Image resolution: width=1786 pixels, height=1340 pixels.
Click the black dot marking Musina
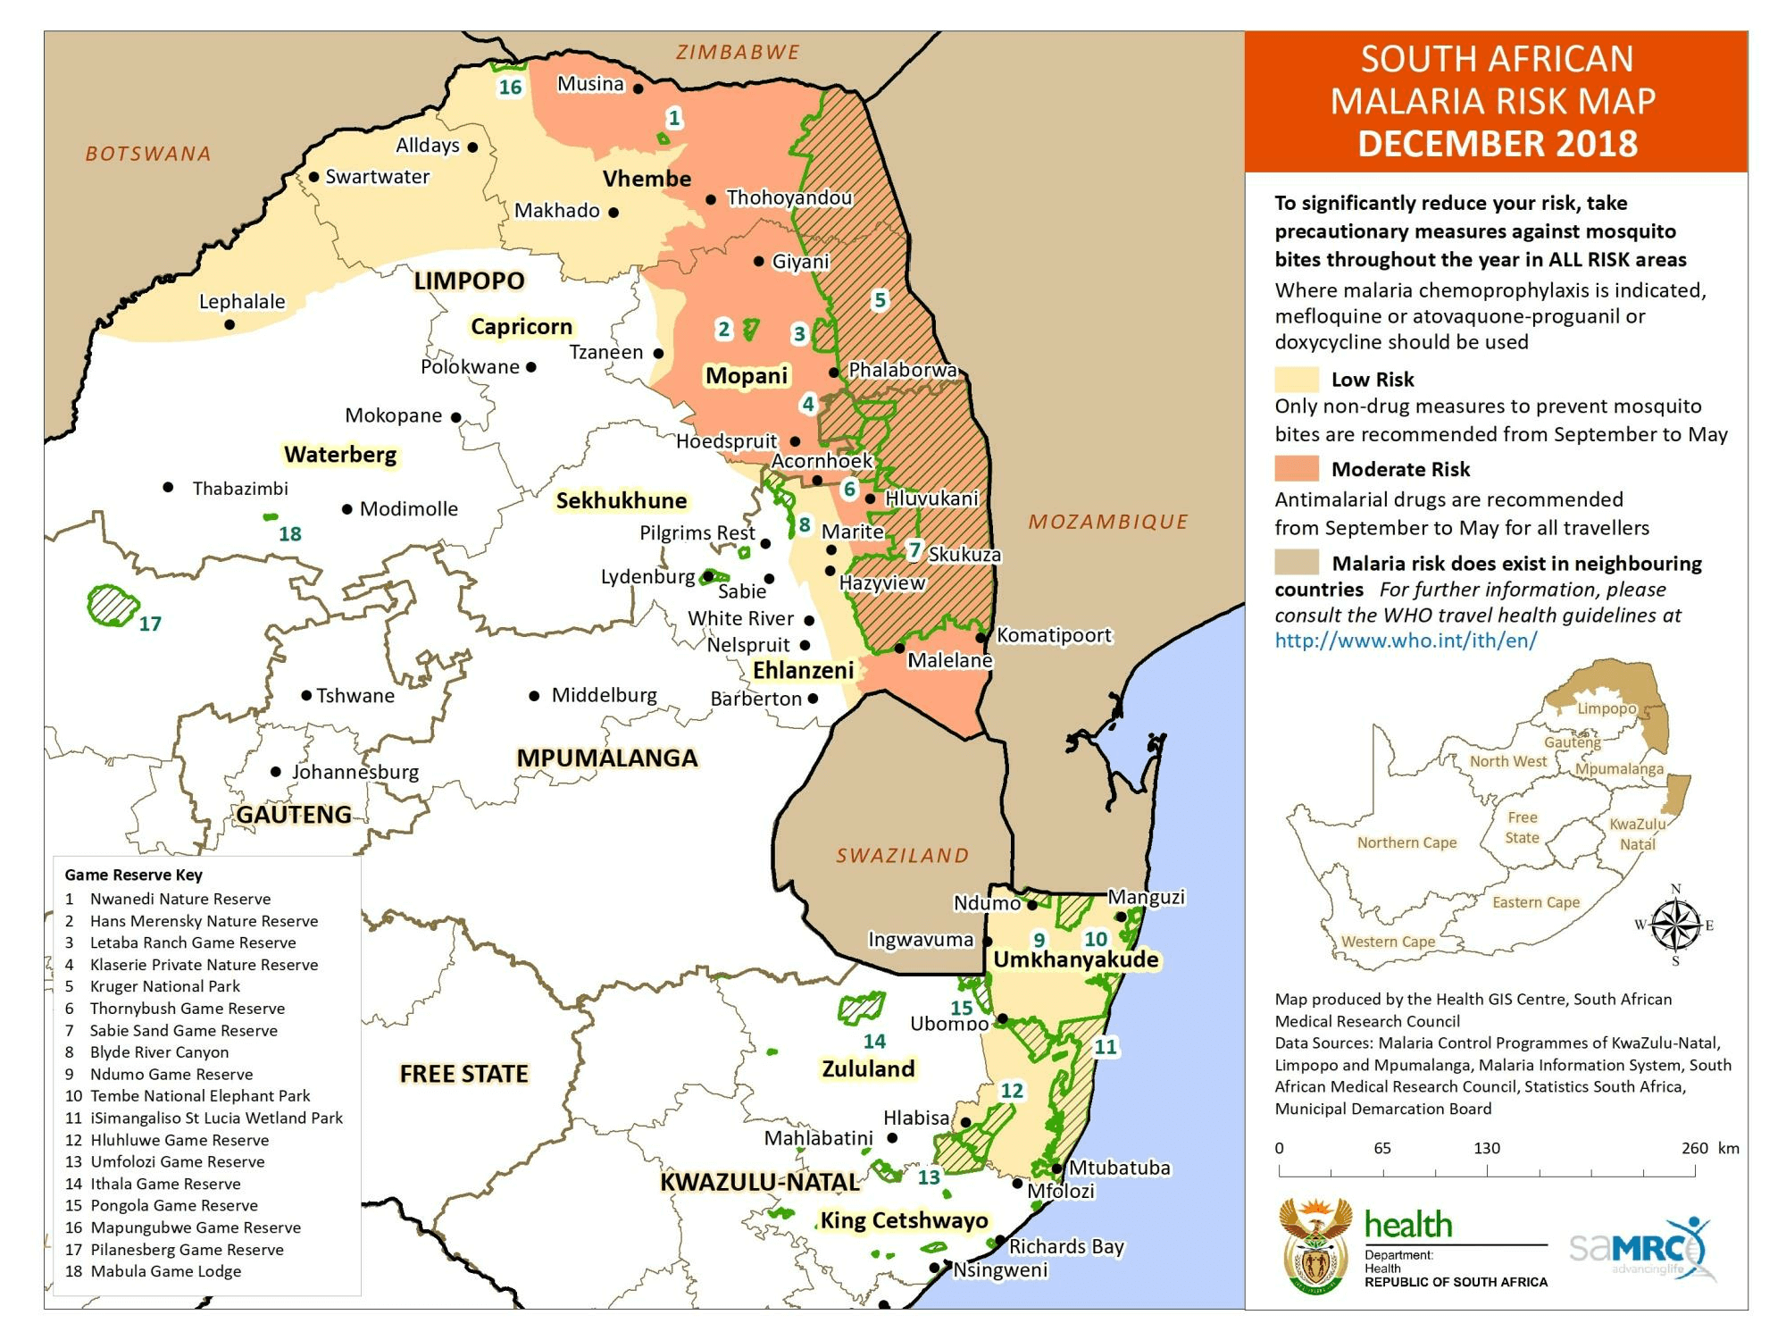[x=638, y=88]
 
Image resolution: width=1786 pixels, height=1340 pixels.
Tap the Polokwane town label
[x=470, y=366]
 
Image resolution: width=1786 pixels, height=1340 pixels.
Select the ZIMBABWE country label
[x=738, y=52]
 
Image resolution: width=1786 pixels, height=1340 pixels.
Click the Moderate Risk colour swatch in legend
[x=1297, y=468]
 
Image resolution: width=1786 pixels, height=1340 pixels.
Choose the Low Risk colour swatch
[x=1297, y=379]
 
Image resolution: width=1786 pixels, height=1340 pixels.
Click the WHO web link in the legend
[x=1406, y=641]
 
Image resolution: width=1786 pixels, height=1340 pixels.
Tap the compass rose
[x=1675, y=925]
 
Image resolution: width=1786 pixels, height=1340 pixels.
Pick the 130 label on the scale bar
[x=1487, y=1148]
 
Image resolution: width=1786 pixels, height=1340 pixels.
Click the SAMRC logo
[x=1641, y=1248]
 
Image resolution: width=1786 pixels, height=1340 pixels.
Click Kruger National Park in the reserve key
[x=165, y=986]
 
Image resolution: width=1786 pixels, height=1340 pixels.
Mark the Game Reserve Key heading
[x=133, y=875]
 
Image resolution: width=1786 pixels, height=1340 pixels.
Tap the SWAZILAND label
[x=902, y=855]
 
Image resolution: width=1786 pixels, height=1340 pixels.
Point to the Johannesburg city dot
[x=276, y=772]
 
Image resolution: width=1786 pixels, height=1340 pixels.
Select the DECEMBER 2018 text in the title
[x=1497, y=143]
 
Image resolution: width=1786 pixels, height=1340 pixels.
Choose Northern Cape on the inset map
[x=1406, y=842]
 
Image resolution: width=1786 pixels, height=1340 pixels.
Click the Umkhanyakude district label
[x=1076, y=959]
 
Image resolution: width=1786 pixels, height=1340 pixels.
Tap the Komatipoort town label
[x=1054, y=635]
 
